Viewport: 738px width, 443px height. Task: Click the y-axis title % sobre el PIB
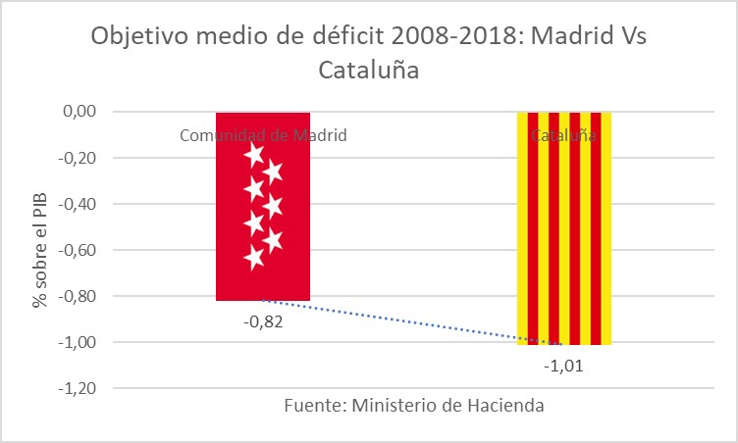pos(40,250)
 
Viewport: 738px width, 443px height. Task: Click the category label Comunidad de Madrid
pos(263,135)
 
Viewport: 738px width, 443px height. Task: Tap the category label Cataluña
pos(563,135)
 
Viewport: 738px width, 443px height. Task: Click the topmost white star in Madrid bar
pos(255,153)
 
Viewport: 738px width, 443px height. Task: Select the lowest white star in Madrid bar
pos(255,258)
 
